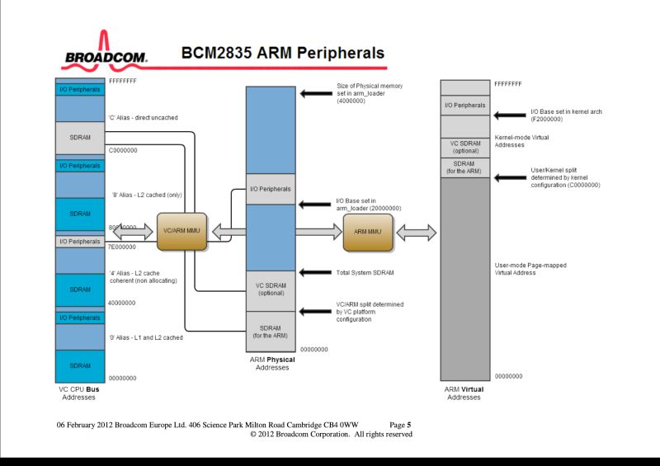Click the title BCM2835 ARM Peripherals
click(282, 54)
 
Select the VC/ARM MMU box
click(181, 232)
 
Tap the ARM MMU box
click(367, 233)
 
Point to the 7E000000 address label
click(123, 247)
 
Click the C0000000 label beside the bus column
click(123, 150)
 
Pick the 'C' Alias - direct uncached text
click(143, 118)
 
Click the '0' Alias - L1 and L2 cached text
click(146, 337)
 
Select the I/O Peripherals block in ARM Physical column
click(271, 189)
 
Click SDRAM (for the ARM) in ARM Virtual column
click(464, 167)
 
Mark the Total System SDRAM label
click(365, 272)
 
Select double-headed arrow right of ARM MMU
click(416, 233)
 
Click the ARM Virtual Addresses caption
click(464, 393)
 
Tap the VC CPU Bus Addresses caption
click(79, 393)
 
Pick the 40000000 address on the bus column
click(122, 303)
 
